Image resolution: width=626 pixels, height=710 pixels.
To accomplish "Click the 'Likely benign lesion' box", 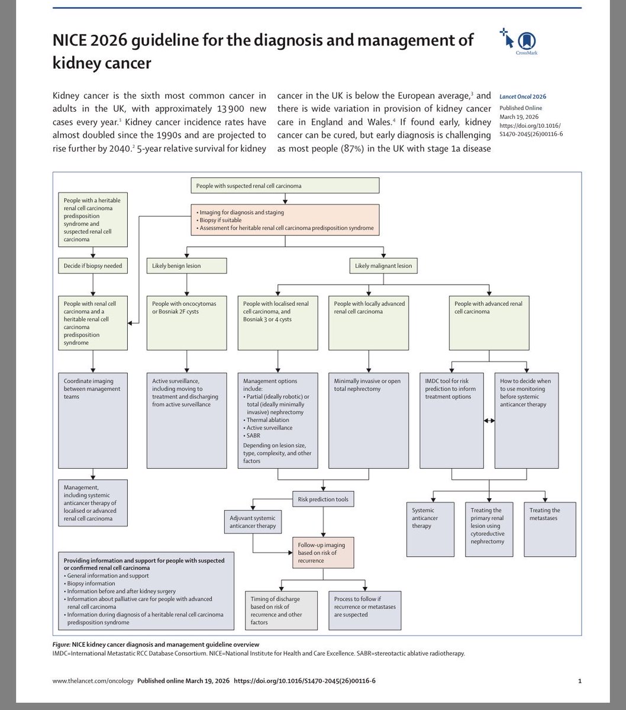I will pos(187,266).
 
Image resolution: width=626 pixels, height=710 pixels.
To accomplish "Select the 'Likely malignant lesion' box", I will pos(384,266).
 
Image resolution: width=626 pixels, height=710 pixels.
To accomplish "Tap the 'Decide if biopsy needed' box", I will pos(93,266).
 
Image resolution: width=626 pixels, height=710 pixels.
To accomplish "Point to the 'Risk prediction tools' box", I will pos(322,499).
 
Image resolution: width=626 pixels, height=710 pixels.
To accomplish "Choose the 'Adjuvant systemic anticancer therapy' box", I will pos(252,522).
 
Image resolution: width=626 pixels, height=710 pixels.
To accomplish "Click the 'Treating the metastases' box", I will pos(550,529).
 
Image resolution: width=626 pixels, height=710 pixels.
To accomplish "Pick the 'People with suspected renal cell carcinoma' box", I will pos(285,186).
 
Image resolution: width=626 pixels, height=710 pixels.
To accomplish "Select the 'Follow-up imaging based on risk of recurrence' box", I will pos(322,552).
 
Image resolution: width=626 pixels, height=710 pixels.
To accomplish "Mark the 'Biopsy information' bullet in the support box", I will pos(91,583).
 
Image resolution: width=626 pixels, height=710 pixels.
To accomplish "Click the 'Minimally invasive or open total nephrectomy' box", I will pos(369,385).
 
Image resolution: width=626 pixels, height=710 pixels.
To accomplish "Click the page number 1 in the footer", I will pos(579,681).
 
